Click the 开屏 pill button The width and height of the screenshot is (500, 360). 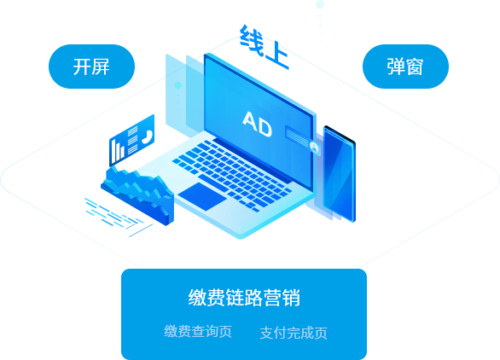(91, 67)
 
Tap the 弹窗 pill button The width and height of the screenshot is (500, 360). (405, 67)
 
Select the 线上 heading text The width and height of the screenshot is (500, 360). (265, 47)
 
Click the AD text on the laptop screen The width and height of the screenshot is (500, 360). (258, 124)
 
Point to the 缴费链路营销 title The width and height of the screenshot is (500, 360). (244, 298)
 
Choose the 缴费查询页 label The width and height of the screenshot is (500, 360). (198, 331)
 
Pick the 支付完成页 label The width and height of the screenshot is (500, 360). (294, 333)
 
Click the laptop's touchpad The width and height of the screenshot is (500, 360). (202, 196)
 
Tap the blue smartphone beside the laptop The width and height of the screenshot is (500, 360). (340, 174)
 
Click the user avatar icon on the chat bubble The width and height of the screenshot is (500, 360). (314, 148)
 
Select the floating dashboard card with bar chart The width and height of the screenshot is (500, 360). (131, 140)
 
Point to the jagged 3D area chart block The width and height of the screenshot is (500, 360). (137, 195)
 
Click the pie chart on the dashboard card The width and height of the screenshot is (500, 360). (147, 136)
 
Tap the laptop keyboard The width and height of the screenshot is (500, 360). (232, 175)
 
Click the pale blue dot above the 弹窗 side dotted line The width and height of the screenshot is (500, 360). (320, 4)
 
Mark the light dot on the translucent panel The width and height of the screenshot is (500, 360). (177, 85)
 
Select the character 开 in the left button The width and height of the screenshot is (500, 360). (82, 67)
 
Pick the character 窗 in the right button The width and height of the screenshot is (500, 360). (415, 67)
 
